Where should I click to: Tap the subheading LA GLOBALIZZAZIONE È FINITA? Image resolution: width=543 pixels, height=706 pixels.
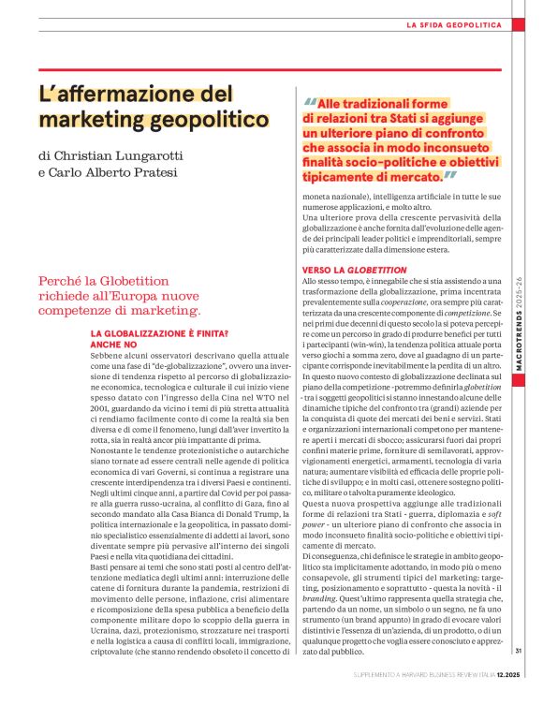click(x=159, y=334)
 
